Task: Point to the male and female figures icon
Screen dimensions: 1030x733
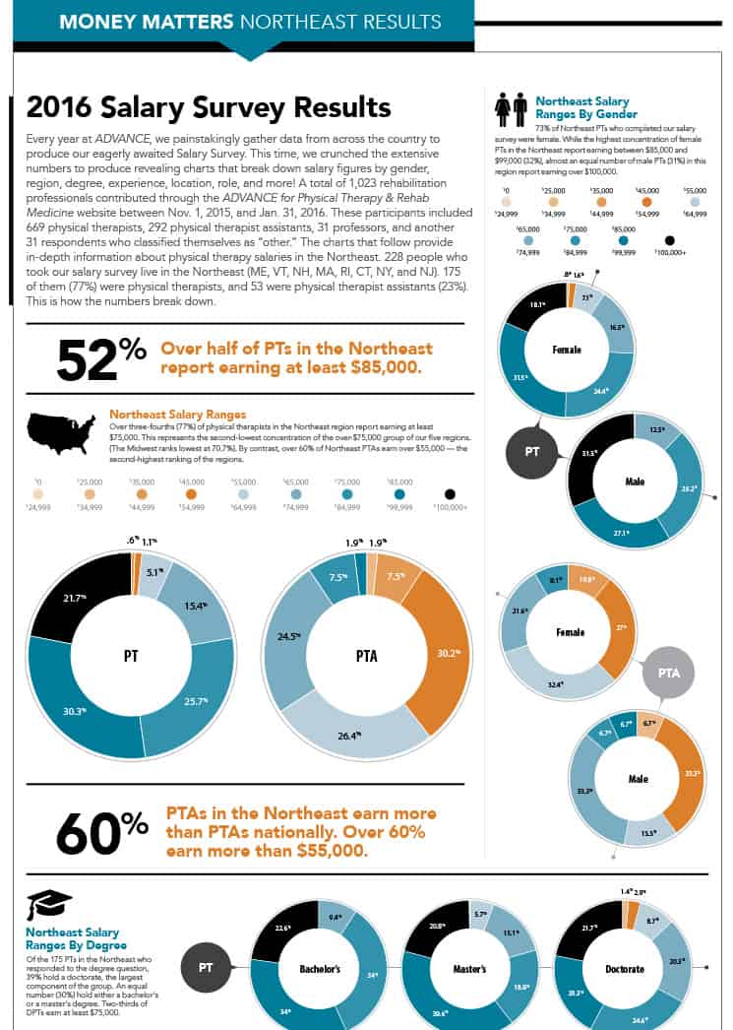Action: point(510,110)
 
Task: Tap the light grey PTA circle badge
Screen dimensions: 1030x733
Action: point(669,674)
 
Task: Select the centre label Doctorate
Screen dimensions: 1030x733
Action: point(624,969)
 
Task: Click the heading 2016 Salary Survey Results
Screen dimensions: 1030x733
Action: point(209,107)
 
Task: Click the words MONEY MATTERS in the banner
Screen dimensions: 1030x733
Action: point(146,21)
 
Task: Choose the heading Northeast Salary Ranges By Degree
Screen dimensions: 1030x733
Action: point(74,938)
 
